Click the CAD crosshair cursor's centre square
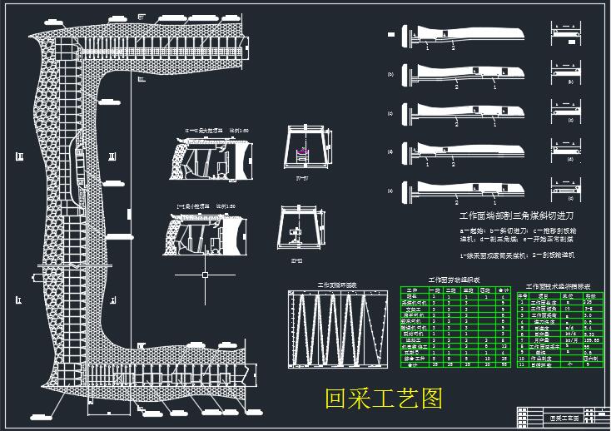(204, 274)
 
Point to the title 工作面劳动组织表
(455, 281)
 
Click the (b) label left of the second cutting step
(390, 74)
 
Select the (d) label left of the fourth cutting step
(390, 151)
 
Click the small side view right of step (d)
(570, 151)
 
